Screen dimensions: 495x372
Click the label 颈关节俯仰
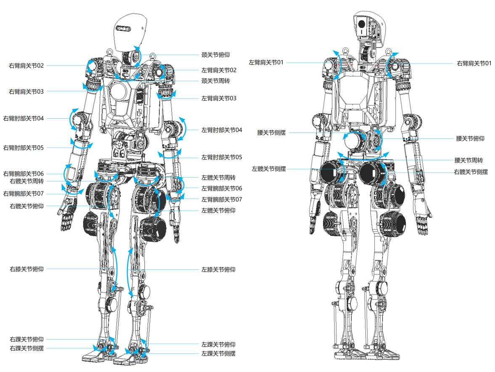(216, 55)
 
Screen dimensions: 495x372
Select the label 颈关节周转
(216, 81)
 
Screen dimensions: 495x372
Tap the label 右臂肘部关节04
(24, 118)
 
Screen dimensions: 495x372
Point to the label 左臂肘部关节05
(222, 157)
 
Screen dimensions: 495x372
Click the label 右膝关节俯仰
(26, 269)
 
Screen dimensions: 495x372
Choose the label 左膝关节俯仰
(218, 270)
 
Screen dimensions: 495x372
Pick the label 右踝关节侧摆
(26, 348)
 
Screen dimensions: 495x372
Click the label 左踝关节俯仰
(218, 345)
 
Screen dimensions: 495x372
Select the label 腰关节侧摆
(272, 133)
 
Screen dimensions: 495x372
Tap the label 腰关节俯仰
(470, 138)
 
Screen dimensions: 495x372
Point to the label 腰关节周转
(469, 160)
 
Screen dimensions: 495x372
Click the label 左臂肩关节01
(266, 63)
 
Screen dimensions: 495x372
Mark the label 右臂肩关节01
(474, 64)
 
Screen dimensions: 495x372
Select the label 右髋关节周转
(26, 181)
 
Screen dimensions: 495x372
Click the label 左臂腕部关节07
(222, 199)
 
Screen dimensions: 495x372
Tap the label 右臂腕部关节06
(24, 174)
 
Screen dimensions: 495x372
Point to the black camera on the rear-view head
(361, 25)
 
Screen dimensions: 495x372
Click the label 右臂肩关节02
(26, 66)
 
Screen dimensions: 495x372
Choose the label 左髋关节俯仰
(218, 211)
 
